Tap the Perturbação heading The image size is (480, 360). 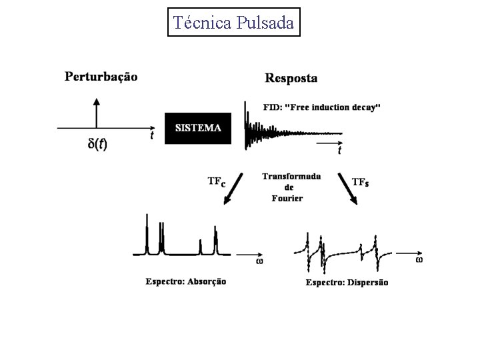click(101, 77)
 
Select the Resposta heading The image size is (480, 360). click(291, 78)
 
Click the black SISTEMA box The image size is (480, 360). click(198, 128)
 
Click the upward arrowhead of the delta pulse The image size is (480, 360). click(97, 101)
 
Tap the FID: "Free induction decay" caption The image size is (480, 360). click(322, 107)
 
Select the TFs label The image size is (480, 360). click(360, 181)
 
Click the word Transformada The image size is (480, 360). click(291, 177)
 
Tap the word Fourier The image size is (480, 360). click(287, 198)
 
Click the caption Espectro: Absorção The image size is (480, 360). click(186, 281)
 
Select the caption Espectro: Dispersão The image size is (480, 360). click(346, 283)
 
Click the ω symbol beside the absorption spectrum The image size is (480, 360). click(259, 261)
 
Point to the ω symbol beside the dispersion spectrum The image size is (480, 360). click(419, 260)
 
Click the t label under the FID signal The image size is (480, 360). click(339, 151)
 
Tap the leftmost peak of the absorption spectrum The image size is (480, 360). click(147, 233)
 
